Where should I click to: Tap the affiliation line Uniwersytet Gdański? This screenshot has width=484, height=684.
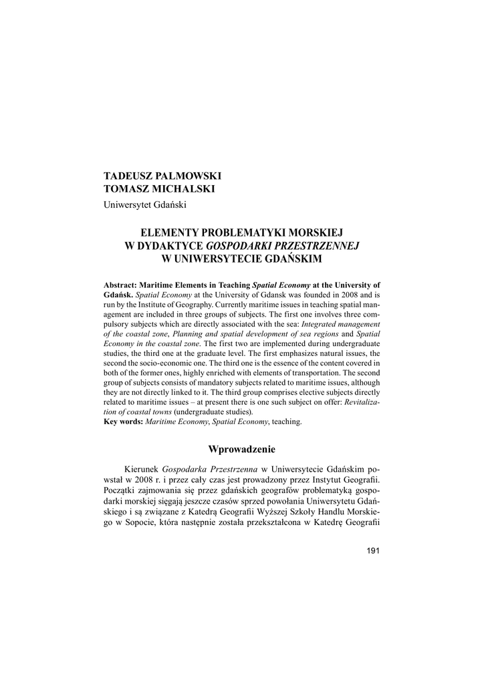point(144,204)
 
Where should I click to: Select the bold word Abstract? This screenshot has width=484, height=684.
point(120,284)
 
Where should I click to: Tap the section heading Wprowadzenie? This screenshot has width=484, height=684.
point(242,448)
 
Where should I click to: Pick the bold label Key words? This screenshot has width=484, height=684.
point(124,423)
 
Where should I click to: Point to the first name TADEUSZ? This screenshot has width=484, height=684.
point(126,176)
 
